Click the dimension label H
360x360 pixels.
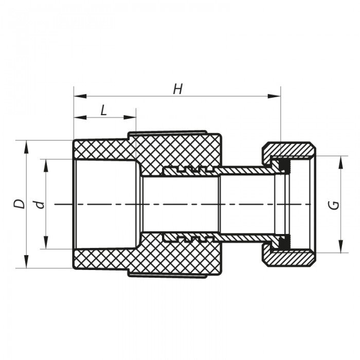pos(178,89)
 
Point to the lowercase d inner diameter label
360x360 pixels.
pos(39,204)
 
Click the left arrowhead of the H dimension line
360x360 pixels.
pos(77,96)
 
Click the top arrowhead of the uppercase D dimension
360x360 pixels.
pos(25,144)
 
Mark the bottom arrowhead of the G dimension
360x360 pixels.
pos(340,248)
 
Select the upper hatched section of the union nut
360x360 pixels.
pos(291,150)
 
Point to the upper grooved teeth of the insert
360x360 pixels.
pos(188,169)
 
